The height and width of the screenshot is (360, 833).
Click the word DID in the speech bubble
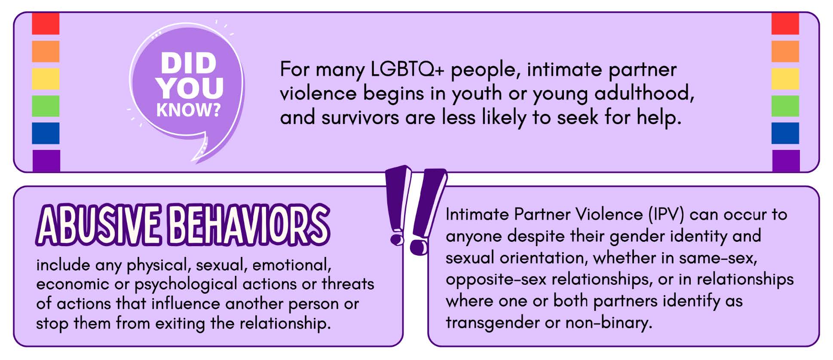[188, 63]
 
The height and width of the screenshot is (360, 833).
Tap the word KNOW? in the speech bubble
[188, 110]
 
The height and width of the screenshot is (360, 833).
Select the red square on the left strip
[46, 24]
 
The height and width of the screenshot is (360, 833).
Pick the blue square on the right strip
[785, 133]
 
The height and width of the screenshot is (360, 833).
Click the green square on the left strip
[46, 106]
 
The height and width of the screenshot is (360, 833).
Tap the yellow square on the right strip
[785, 79]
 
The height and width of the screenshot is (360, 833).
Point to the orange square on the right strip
[785, 51]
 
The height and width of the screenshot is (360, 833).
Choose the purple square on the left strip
[46, 160]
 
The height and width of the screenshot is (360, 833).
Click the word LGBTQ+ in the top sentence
[407, 70]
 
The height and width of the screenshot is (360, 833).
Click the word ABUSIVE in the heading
[99, 224]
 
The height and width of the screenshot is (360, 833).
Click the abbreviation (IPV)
[666, 214]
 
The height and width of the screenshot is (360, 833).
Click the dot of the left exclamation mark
[398, 239]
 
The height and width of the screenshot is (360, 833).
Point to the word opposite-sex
[496, 280]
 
